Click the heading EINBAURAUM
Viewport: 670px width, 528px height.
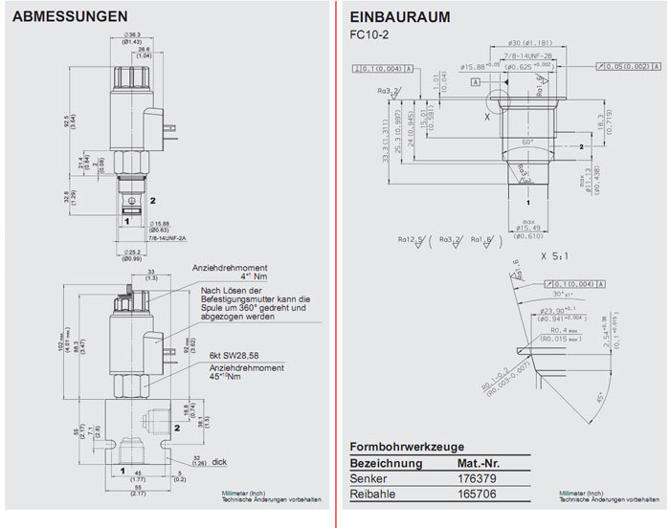coord(400,16)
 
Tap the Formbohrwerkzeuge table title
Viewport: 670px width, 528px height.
coord(408,447)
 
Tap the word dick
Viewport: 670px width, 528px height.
coord(219,461)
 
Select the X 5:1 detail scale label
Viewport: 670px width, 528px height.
coord(554,256)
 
